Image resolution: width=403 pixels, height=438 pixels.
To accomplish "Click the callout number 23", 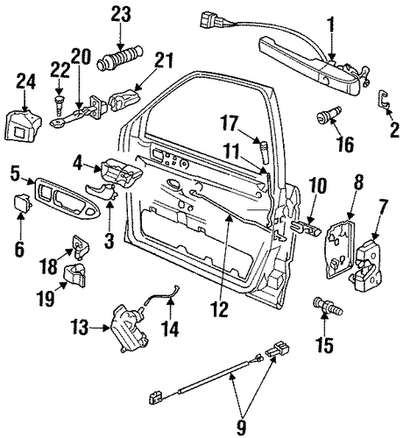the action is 121,15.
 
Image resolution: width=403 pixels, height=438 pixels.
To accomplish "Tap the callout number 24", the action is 25,81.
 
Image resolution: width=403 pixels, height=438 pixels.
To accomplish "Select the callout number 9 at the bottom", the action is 241,427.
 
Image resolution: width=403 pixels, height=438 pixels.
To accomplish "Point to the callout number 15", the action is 325,345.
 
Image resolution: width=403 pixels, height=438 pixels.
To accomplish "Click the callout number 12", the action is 220,308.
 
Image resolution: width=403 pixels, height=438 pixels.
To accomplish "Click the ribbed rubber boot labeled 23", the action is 121,57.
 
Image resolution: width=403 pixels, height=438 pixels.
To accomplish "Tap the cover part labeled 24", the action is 23,124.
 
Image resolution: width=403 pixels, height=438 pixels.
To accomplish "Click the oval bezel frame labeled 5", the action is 67,199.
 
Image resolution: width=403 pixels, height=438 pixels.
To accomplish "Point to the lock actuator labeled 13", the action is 129,328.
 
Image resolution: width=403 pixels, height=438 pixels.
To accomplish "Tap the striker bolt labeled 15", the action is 328,309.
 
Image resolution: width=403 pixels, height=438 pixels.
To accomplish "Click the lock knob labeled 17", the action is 264,152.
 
